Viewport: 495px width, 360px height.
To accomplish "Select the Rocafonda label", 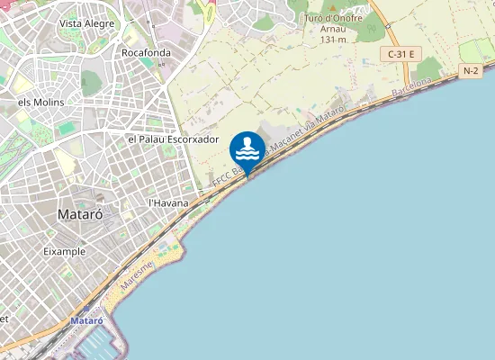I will coord(146,52).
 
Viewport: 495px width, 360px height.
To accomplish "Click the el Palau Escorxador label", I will coord(174,139).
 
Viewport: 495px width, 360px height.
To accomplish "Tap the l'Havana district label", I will coord(168,203).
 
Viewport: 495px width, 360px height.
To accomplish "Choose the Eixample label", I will coord(65,252).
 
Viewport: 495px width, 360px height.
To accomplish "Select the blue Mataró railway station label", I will coord(87,320).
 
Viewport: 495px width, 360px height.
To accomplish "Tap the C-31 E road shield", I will coord(400,54).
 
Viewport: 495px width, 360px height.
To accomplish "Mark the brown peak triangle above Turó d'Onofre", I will coord(332,6).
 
